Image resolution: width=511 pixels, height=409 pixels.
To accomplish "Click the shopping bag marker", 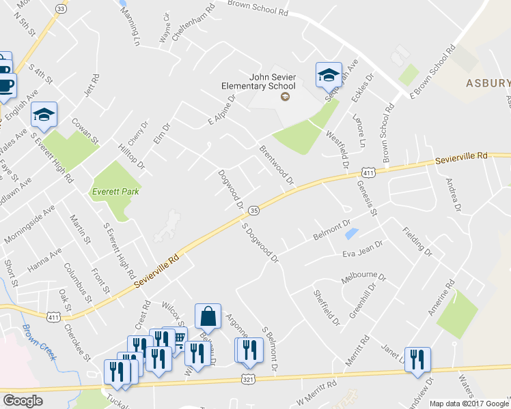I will click(208, 317).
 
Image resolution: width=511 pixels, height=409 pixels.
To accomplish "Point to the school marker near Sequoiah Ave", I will click(329, 74).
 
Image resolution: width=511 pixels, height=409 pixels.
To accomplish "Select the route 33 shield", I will click(61, 9).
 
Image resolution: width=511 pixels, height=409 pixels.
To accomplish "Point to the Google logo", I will click(23, 401).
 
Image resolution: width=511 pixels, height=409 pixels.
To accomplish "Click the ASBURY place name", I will click(488, 83).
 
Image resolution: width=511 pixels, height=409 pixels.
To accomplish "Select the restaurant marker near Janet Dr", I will click(417, 359).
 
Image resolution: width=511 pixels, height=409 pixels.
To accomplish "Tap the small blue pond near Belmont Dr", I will click(351, 234).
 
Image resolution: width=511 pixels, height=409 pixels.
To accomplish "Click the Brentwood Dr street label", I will click(276, 164).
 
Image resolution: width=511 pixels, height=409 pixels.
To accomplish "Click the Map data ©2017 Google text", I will click(469, 404).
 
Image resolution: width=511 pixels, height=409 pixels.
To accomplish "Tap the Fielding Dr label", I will click(417, 241).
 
